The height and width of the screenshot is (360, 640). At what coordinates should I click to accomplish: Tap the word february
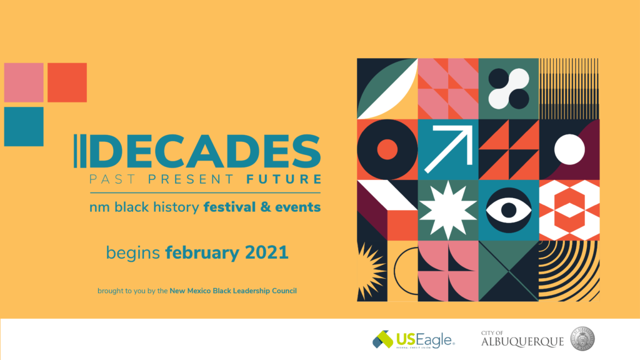(x=201, y=253)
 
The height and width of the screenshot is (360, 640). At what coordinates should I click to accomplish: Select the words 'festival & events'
(x=262, y=207)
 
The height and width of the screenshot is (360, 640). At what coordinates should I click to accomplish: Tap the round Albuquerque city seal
(x=582, y=339)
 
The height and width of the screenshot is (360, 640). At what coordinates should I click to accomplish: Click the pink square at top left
(x=24, y=82)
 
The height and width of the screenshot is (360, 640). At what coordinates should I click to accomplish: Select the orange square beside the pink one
(x=67, y=82)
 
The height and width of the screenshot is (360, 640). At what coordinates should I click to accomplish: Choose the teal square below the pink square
(x=24, y=126)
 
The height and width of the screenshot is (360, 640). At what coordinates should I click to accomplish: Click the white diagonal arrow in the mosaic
(x=447, y=149)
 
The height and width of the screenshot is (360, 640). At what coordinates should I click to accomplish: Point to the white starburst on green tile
(x=447, y=210)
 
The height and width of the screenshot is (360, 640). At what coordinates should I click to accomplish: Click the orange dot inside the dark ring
(x=387, y=149)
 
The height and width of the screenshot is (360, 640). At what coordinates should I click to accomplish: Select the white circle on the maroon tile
(x=569, y=149)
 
